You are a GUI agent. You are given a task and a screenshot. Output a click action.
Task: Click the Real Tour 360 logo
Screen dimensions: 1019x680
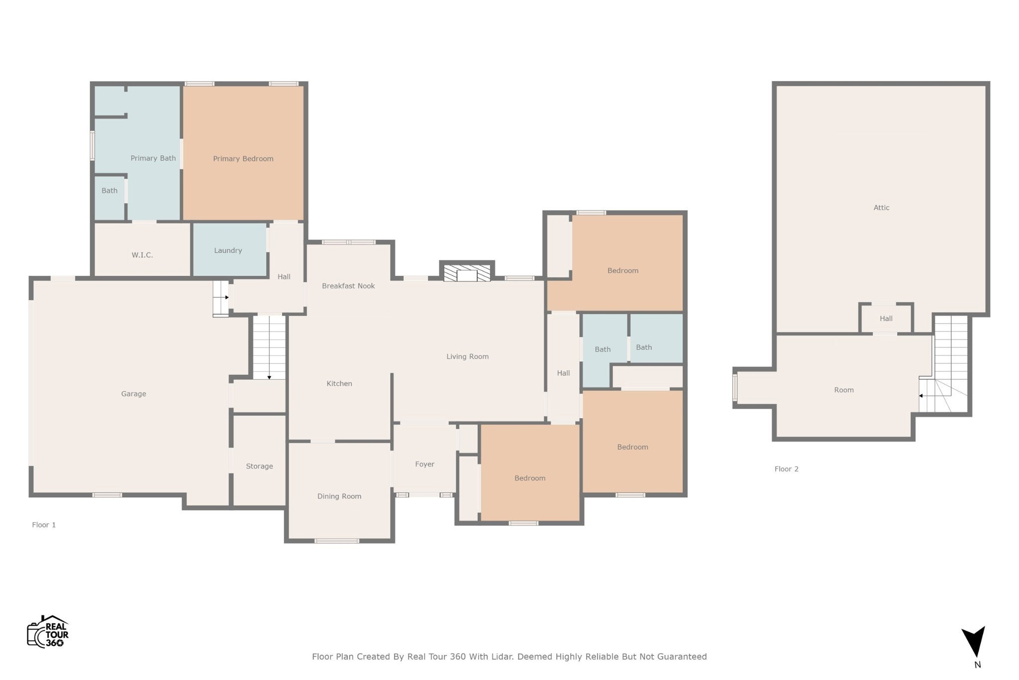pos(48,632)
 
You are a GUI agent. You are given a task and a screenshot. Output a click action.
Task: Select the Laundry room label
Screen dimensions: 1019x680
pos(228,250)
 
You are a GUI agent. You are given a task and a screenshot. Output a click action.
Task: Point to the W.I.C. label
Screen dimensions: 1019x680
pos(142,255)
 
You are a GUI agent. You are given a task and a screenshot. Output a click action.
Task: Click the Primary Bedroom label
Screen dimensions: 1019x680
pos(243,159)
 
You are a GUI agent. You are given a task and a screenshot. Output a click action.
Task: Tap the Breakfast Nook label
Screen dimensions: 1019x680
pos(348,286)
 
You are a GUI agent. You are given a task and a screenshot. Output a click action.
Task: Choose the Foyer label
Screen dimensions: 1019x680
pos(425,464)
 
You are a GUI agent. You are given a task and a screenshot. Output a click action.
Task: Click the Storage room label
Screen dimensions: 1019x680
pos(259,466)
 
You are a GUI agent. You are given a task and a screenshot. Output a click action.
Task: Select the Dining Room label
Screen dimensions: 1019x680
pos(339,496)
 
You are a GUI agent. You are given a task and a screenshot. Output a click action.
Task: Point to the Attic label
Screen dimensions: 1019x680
pos(881,208)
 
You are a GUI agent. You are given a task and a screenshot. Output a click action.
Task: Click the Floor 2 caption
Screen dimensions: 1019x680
pos(786,469)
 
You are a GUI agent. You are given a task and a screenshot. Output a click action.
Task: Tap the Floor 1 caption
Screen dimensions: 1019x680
pos(44,525)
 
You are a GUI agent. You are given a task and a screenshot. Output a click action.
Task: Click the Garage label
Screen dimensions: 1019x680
pos(133,394)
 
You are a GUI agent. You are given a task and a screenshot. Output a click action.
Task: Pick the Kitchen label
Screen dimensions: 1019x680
pos(339,383)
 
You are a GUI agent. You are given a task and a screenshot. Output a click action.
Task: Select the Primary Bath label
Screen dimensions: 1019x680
pos(153,158)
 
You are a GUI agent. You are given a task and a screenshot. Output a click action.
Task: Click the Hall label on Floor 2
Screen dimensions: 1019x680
pos(886,319)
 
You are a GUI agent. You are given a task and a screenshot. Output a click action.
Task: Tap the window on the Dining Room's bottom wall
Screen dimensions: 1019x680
pos(337,541)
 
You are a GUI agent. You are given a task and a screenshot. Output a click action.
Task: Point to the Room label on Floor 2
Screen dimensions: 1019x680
pos(844,390)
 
